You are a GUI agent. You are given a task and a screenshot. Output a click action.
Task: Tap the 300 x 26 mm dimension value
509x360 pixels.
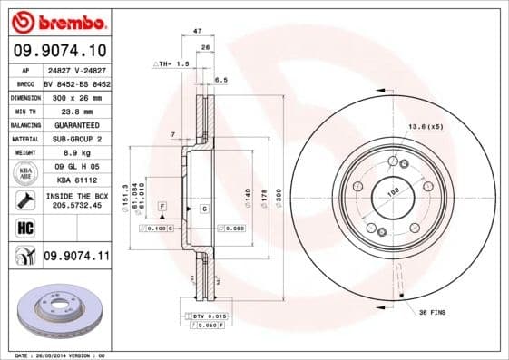pyautogui.click(x=75, y=95)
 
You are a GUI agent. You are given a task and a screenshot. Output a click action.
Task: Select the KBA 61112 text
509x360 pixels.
pyautogui.click(x=75, y=180)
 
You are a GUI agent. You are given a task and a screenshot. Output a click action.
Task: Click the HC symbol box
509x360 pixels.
pyautogui.click(x=24, y=227)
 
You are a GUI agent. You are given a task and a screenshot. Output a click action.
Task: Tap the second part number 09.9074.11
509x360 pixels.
pyautogui.click(x=76, y=258)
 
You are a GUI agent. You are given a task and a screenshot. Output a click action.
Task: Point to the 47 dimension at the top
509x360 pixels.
pyautogui.click(x=197, y=32)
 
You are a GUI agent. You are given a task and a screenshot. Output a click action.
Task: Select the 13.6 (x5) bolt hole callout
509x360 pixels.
pyautogui.click(x=426, y=126)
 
